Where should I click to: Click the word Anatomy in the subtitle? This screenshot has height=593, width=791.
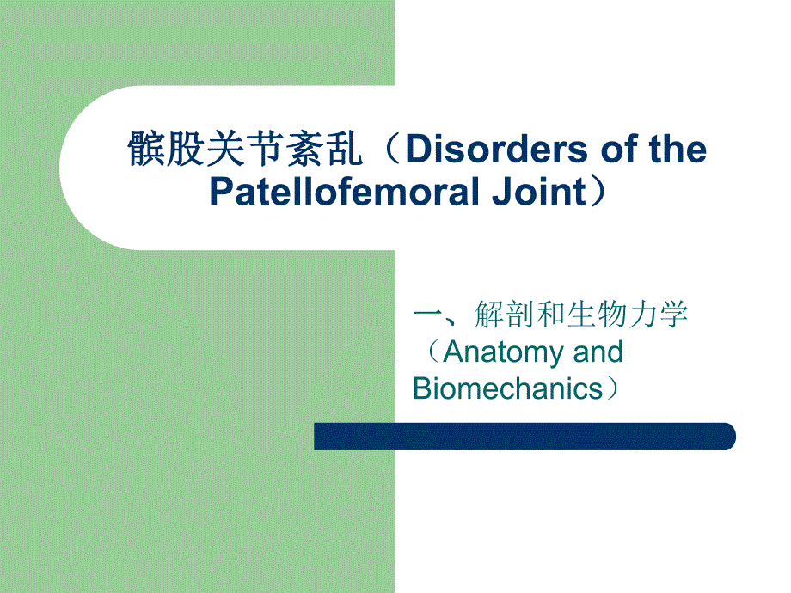(x=502, y=352)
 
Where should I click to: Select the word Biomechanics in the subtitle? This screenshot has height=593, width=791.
(x=508, y=388)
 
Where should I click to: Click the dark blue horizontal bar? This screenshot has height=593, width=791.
(x=524, y=437)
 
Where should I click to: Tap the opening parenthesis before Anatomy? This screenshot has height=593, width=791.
(x=429, y=352)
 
